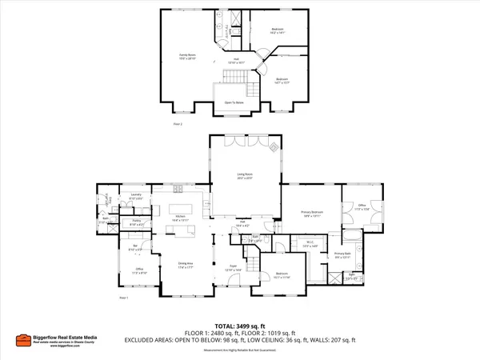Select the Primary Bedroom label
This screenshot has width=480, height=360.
(311, 214)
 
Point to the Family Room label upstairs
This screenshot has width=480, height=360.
(187, 56)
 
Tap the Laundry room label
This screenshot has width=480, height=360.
(136, 196)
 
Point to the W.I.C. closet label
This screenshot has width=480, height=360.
(310, 242)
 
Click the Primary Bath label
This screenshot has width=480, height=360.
(342, 255)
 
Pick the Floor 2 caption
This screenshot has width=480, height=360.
(178, 125)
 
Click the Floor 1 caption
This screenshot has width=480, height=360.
(123, 298)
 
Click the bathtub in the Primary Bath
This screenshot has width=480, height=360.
(352, 235)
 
